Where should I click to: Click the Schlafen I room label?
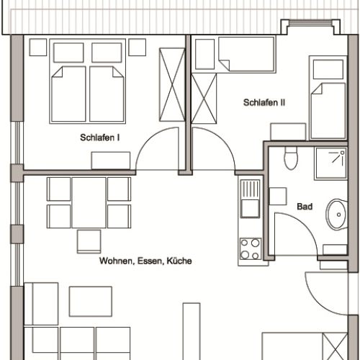pyautogui.click(x=100, y=138)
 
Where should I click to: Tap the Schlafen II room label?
pyautogui.click(x=264, y=102)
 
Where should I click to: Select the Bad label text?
pyautogui.click(x=305, y=207)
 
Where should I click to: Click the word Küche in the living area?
pyautogui.click(x=179, y=261)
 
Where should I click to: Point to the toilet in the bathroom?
pyautogui.click(x=291, y=158)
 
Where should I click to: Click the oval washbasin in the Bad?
pyautogui.click(x=336, y=215)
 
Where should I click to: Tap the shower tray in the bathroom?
pyautogui.click(x=331, y=163)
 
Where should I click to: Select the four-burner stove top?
pyautogui.click(x=251, y=249)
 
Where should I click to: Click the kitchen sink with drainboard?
pyautogui.click(x=250, y=199)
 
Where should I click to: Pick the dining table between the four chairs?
pyautogui.click(x=89, y=202)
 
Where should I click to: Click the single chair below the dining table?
pyautogui.click(x=89, y=241)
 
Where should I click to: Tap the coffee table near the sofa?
pyautogui.click(x=91, y=302)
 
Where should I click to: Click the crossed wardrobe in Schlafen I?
pyautogui.click(x=172, y=85)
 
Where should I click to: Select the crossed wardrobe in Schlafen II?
pyautogui.click(x=204, y=99)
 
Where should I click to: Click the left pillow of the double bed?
pyautogui.click(x=68, y=53)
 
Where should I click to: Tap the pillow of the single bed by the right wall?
pyautogui.click(x=328, y=69)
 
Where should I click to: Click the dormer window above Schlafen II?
pyautogui.click(x=310, y=23)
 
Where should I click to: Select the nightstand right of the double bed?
pyautogui.click(x=137, y=48)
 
